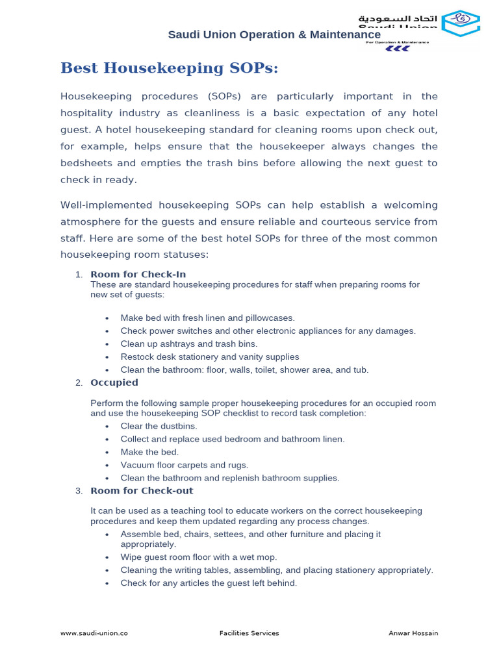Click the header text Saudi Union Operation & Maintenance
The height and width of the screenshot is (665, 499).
pyautogui.click(x=274, y=34)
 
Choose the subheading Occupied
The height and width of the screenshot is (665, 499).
pyautogui.click(x=114, y=383)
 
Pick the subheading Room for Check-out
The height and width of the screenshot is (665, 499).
pyautogui.click(x=141, y=490)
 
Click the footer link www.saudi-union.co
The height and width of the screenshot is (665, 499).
pyautogui.click(x=94, y=633)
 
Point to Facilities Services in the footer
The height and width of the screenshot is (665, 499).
pyautogui.click(x=249, y=633)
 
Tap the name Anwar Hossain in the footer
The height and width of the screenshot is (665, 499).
pyautogui.click(x=414, y=633)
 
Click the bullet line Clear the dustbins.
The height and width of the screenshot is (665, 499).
pyautogui.click(x=159, y=426)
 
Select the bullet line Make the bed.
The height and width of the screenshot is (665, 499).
pyautogui.click(x=149, y=452)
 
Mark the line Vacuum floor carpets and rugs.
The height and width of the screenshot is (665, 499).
pyautogui.click(x=184, y=465)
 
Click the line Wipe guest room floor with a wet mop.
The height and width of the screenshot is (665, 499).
pyautogui.click(x=198, y=557)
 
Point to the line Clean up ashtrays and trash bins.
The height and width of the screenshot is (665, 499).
pyautogui.click(x=188, y=344)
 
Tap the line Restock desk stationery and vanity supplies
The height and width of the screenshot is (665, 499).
pyautogui.click(x=209, y=357)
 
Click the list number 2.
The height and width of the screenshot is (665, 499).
pyautogui.click(x=78, y=383)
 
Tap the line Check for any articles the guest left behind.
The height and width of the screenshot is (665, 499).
pyautogui.click(x=208, y=583)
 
